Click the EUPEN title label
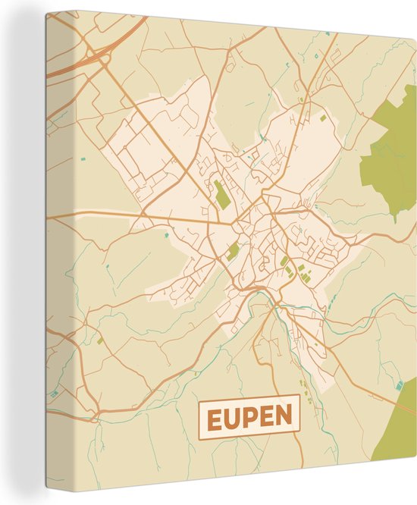coord(249,418)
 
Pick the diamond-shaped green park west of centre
coord(233,252)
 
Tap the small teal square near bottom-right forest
coord(399,386)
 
